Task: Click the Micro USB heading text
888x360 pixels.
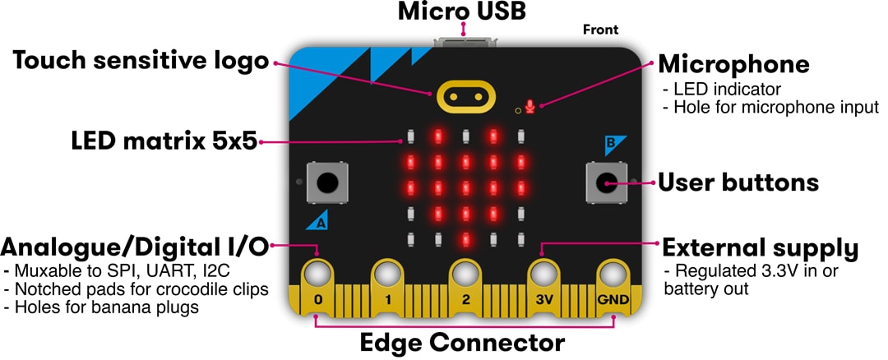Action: pyautogui.click(x=461, y=12)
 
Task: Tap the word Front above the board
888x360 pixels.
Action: pyautogui.click(x=600, y=30)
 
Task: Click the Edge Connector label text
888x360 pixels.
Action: pyautogui.click(x=462, y=343)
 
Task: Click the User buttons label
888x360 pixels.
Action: pyautogui.click(x=738, y=182)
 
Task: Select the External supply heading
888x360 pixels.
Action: pyautogui.click(x=761, y=247)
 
